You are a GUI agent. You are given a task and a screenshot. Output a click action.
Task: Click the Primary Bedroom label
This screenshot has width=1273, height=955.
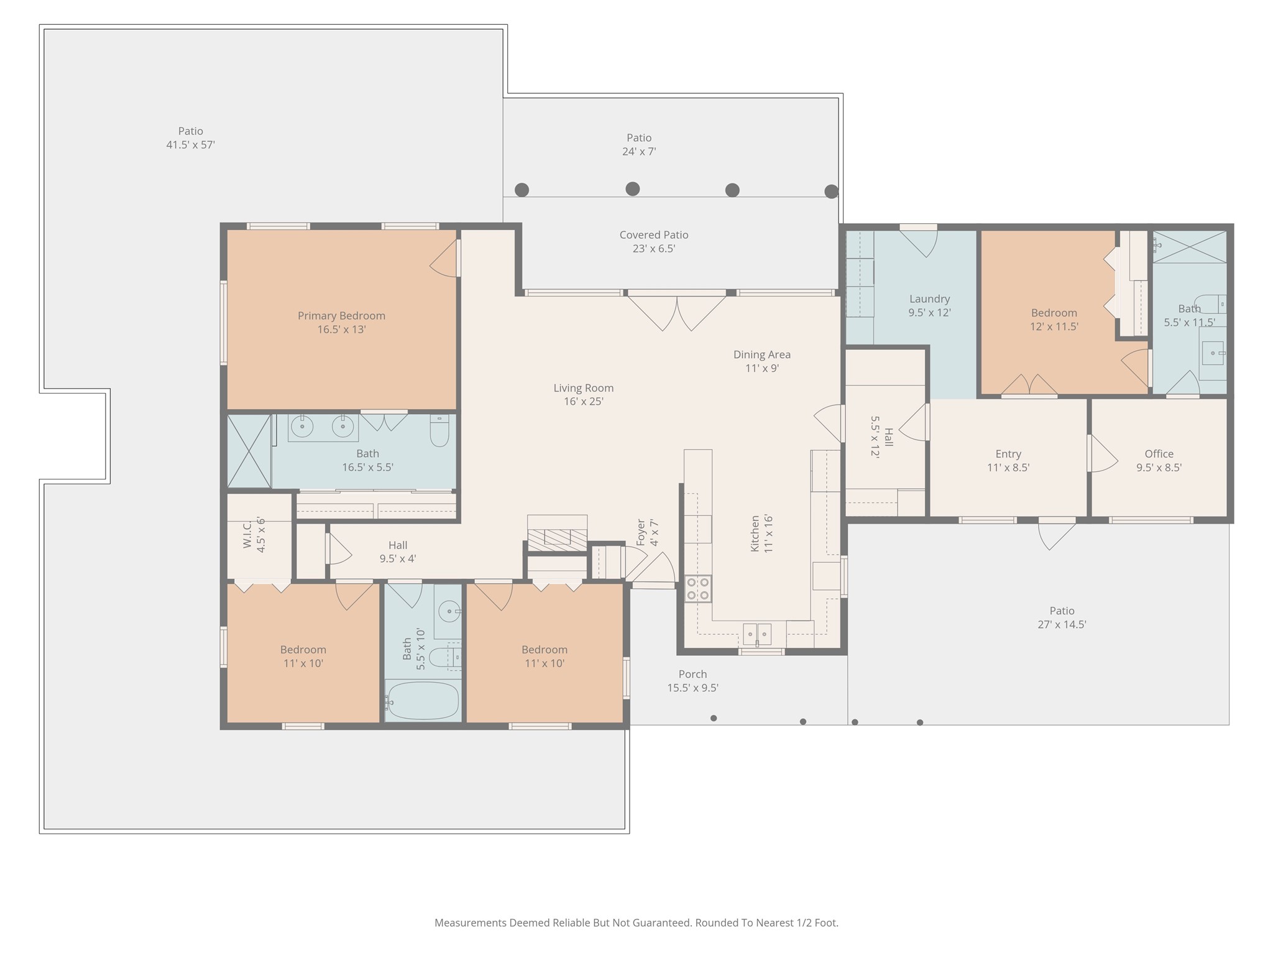coord(341,316)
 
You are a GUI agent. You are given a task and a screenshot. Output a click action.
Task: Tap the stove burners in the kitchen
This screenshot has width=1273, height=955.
coord(698,589)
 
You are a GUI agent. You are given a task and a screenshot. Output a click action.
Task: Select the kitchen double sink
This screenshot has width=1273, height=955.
coord(757,634)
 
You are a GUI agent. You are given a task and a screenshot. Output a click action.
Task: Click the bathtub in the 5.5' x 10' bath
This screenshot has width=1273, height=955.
coord(423,701)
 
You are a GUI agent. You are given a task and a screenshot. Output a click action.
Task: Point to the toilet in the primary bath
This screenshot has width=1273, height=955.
coord(439,430)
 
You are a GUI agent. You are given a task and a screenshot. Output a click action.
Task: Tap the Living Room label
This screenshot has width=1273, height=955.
coord(584,388)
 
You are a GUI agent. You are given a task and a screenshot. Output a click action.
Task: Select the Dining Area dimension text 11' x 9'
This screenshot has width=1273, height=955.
coord(762,368)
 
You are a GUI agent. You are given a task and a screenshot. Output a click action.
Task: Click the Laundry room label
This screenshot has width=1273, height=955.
coord(930,299)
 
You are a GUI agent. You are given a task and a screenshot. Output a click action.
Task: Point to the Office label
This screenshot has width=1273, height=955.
coord(1159,454)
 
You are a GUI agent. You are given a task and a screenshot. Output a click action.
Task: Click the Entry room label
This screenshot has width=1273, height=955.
coord(1008,454)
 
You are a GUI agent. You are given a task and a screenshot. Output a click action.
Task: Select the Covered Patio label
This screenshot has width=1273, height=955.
coord(654,235)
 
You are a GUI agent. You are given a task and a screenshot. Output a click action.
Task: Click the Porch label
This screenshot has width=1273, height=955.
coord(693,674)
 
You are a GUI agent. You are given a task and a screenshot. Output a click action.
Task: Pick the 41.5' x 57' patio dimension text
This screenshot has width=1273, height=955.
coord(191,145)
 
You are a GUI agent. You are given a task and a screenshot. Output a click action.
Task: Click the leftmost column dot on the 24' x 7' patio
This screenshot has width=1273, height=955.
coord(522,190)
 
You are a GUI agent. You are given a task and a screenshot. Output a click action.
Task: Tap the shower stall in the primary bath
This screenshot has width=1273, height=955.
coord(249,451)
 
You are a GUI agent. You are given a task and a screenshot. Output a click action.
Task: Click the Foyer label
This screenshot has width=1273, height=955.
coord(641,533)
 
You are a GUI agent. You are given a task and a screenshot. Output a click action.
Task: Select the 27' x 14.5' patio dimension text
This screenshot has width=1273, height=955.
coord(1062,625)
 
